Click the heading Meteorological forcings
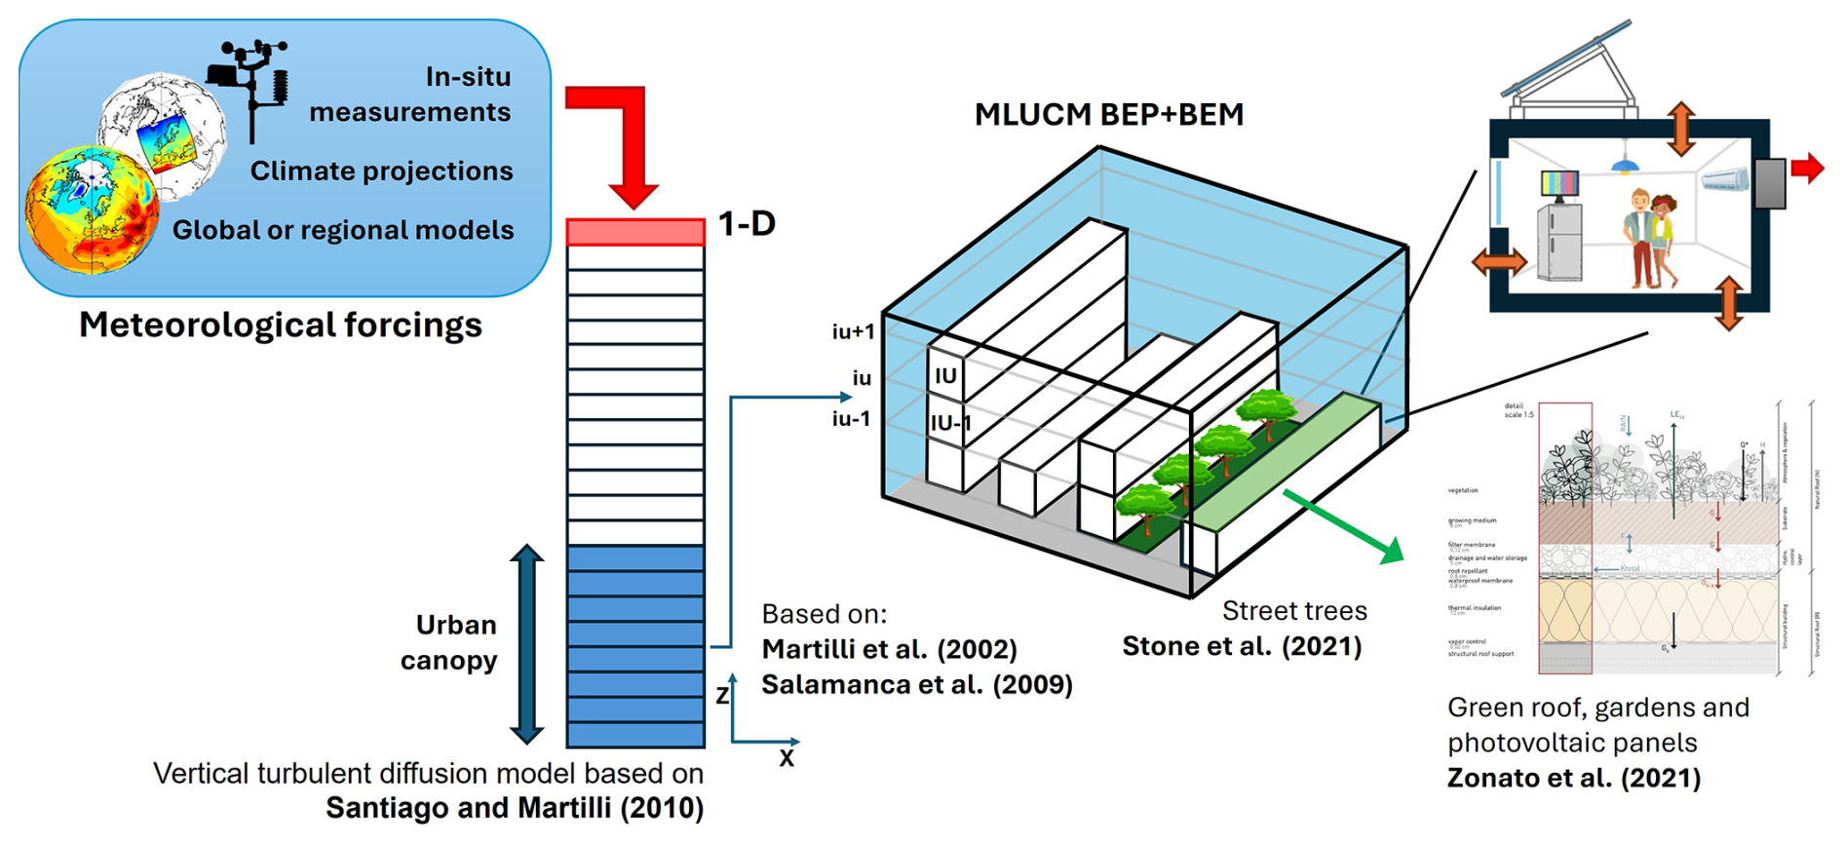(280, 326)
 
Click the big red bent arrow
(624, 136)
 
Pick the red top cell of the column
(635, 232)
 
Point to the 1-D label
(747, 224)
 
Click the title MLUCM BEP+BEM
(1108, 115)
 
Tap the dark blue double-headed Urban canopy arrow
(526, 644)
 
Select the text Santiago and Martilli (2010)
(514, 809)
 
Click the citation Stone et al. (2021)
(1241, 647)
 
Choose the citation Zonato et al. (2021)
(1573, 779)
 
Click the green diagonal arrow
(1345, 527)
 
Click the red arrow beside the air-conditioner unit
(1806, 168)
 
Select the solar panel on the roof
(1568, 58)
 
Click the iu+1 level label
(853, 332)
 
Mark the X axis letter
(787, 758)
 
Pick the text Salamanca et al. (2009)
(916, 685)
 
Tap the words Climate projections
(381, 172)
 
